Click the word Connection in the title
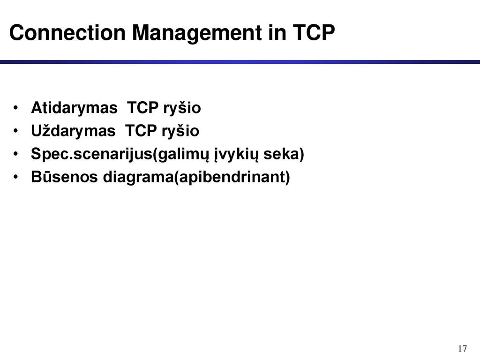67,32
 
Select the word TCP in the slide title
314,32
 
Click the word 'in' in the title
277,32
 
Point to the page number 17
463,348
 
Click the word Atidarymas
74,108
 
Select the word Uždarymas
73,131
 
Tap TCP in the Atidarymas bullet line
142,107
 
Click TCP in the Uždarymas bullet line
141,131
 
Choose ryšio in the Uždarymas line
180,131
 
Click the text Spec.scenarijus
91,154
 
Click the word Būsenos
64,177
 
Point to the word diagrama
138,177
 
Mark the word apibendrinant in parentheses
232,177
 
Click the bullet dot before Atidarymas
15,108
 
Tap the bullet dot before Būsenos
15,177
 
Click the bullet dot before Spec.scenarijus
15,154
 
